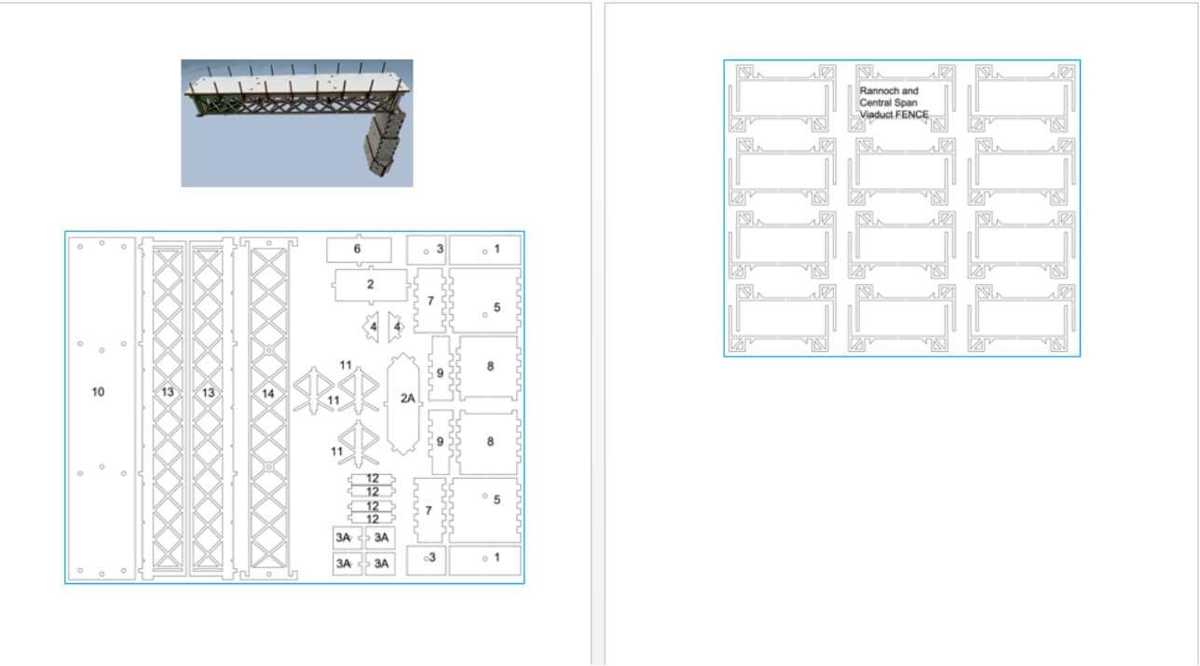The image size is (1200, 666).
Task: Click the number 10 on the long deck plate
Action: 98,391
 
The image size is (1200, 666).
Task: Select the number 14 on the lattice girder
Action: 268,394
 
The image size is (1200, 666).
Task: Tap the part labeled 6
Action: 359,250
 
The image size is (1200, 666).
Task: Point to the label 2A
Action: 408,398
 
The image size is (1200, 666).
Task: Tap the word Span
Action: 906,102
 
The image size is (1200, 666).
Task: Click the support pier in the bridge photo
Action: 385,143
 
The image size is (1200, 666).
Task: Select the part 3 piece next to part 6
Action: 427,250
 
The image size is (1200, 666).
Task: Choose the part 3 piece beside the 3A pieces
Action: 427,561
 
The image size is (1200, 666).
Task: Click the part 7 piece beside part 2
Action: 430,301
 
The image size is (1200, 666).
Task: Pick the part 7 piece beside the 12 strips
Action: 430,510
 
